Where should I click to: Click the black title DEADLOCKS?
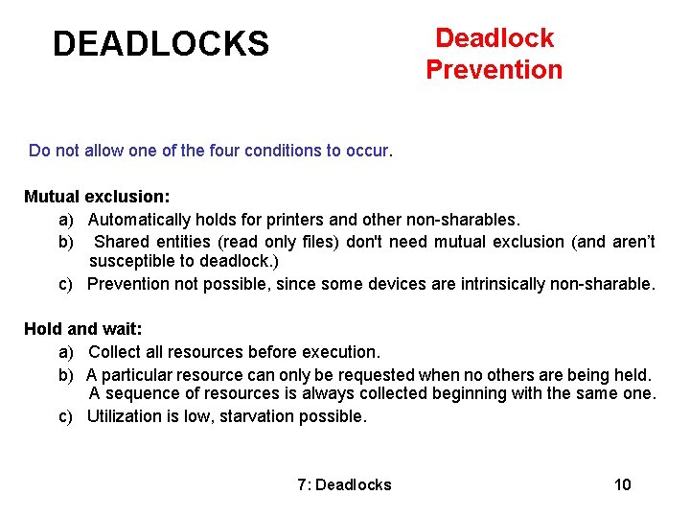tap(161, 43)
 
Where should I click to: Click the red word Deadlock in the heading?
tap(494, 38)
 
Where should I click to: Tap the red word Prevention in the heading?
tap(494, 70)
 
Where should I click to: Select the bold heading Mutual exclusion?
tap(97, 197)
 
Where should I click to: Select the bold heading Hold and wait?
tap(82, 329)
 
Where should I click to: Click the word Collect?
tap(120, 352)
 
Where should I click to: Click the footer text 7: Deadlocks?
tap(344, 484)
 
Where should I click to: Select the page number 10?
tap(623, 484)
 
